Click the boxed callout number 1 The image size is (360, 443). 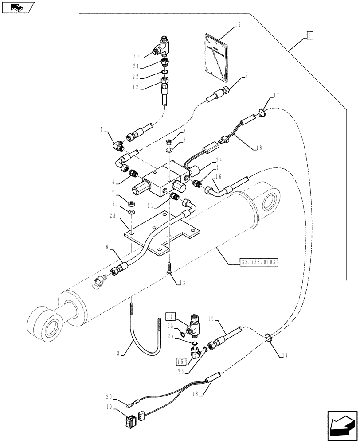pos(309,35)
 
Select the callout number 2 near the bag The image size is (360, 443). pos(239,26)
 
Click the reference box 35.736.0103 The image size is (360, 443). pos(253,262)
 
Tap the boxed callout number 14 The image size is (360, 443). pos(171,316)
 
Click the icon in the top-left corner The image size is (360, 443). pos(17,7)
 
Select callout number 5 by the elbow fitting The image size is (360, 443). pos(102,130)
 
